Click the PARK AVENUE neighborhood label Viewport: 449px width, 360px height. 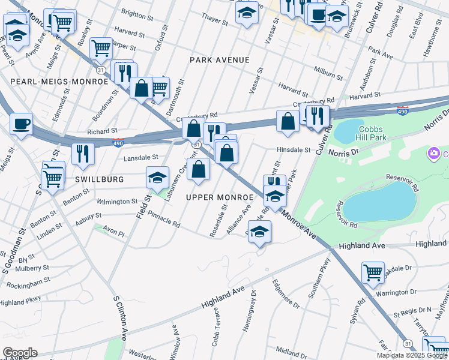(219, 60)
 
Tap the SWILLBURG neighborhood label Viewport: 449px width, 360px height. (100, 179)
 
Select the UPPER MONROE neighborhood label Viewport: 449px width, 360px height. (219, 197)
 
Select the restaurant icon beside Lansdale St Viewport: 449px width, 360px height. (83, 154)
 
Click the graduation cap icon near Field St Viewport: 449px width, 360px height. (157, 178)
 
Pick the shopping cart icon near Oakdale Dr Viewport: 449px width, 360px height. (373, 272)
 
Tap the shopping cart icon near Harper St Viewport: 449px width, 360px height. (101, 47)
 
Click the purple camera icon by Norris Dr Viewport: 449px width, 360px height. (433, 154)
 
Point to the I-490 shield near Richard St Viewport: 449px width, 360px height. (119, 143)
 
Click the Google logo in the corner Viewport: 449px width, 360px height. (19, 353)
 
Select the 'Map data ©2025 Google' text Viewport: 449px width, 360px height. (412, 355)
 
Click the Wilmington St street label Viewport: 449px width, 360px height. (117, 202)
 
